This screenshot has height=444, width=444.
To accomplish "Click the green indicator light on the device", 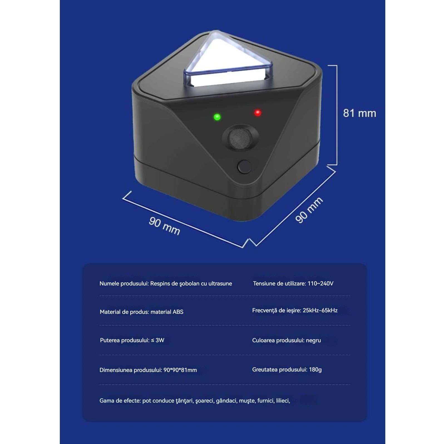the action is tap(217, 117).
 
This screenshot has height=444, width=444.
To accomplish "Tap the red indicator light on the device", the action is tap(258, 113).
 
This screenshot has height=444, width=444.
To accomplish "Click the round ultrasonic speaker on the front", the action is tap(240, 137).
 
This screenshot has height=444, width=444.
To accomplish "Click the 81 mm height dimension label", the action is tap(359, 113).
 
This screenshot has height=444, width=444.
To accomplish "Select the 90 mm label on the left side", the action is tap(164, 226).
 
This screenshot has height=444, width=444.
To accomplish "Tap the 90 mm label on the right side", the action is tap(309, 210).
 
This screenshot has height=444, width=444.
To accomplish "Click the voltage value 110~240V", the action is tap(320, 283).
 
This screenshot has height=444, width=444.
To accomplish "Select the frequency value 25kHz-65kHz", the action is tap(320, 310).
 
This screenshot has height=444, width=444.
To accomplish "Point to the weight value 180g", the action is tap(315, 370).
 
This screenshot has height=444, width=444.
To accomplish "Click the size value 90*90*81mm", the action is tap(180, 370).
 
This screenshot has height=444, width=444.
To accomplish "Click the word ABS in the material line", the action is tap(178, 312).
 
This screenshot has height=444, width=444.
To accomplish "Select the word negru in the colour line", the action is tap(313, 341).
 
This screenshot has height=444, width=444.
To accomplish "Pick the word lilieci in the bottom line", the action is tap(283, 401).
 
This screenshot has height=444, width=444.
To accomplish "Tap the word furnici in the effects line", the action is tap(266, 401).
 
